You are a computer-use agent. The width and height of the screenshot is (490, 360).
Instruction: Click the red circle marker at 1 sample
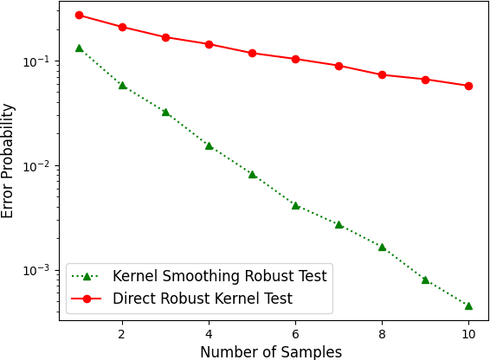79,15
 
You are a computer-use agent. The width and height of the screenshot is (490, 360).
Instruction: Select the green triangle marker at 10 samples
468,305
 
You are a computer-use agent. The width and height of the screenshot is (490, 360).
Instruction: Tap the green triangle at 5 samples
252,174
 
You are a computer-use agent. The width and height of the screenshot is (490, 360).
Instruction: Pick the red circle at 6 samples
295,59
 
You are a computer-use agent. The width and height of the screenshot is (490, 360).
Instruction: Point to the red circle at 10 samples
468,86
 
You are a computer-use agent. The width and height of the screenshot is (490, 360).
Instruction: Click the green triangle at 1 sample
79,48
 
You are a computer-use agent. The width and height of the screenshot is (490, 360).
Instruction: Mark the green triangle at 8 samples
382,247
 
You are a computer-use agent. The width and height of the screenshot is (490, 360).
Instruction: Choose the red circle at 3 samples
165,37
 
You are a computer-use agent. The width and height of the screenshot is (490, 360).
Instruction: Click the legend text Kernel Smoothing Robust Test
220,277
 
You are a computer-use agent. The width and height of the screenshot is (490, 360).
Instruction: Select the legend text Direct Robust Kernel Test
203,299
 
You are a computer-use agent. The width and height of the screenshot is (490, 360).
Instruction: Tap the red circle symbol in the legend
88,299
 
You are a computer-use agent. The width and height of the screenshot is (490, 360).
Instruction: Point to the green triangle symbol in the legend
88,277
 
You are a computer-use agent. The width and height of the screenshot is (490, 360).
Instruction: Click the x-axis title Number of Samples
271,351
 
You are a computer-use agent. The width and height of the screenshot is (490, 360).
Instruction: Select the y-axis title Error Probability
9,160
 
